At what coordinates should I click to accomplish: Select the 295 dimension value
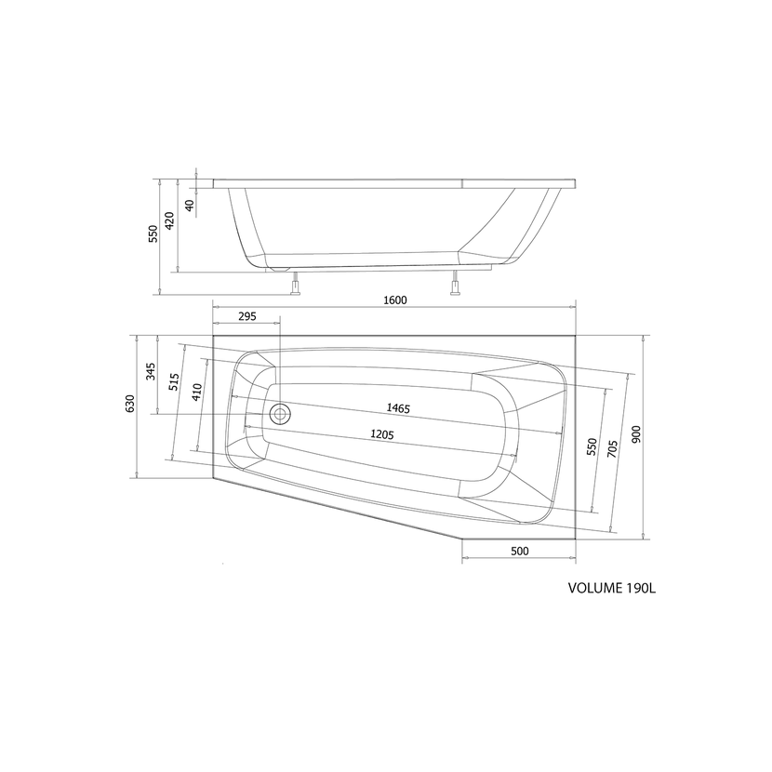[246, 317]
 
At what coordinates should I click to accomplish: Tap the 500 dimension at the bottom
[519, 552]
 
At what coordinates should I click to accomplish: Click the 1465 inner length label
[400, 409]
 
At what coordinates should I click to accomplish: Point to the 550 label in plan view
[591, 447]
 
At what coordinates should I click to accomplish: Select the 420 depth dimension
[169, 221]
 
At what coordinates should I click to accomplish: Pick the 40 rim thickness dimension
[190, 206]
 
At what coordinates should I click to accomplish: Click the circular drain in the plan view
[279, 413]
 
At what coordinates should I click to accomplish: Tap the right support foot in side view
[456, 286]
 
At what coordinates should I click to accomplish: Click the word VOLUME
[594, 588]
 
